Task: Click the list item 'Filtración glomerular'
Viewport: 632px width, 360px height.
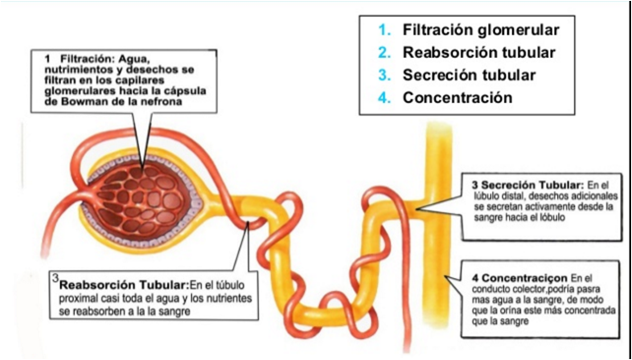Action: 480,30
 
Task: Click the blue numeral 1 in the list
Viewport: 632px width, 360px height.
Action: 385,30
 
